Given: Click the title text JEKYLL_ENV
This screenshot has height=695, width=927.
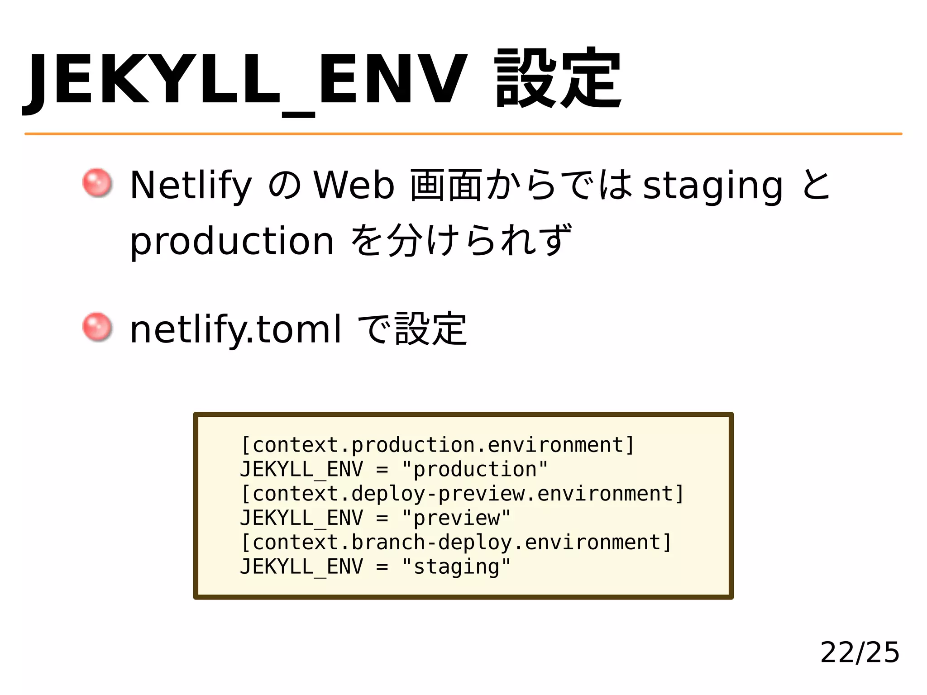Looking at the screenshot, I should [x=244, y=81].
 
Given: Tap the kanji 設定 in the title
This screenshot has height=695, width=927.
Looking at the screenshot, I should [x=558, y=79].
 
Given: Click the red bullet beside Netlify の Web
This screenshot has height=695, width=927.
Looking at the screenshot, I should [x=97, y=183].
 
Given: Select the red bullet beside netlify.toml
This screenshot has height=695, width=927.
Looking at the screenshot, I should [x=97, y=327].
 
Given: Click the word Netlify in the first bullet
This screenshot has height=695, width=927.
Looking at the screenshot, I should [x=190, y=186].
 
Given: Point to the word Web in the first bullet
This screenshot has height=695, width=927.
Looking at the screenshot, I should [x=354, y=186].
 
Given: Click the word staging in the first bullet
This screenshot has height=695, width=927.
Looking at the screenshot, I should [x=712, y=186].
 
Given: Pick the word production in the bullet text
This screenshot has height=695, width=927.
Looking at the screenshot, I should [x=232, y=241].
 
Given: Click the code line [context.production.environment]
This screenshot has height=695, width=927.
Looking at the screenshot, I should [x=437, y=445].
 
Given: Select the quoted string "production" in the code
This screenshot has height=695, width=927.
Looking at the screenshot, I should [x=475, y=469].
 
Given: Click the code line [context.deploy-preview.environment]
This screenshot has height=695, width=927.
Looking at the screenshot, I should [x=462, y=494].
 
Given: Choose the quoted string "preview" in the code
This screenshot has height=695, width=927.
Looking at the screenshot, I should [x=456, y=518].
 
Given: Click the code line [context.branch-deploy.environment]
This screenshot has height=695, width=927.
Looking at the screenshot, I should [x=456, y=543].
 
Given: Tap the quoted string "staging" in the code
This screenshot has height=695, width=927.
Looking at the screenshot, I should [x=456, y=567].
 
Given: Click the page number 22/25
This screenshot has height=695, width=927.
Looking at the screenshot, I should [x=860, y=652].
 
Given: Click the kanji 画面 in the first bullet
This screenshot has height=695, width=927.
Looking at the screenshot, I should [x=446, y=186].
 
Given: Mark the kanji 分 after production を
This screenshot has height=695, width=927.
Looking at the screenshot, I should [x=406, y=240].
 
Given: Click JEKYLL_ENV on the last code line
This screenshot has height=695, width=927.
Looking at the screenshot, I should [x=301, y=567].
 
